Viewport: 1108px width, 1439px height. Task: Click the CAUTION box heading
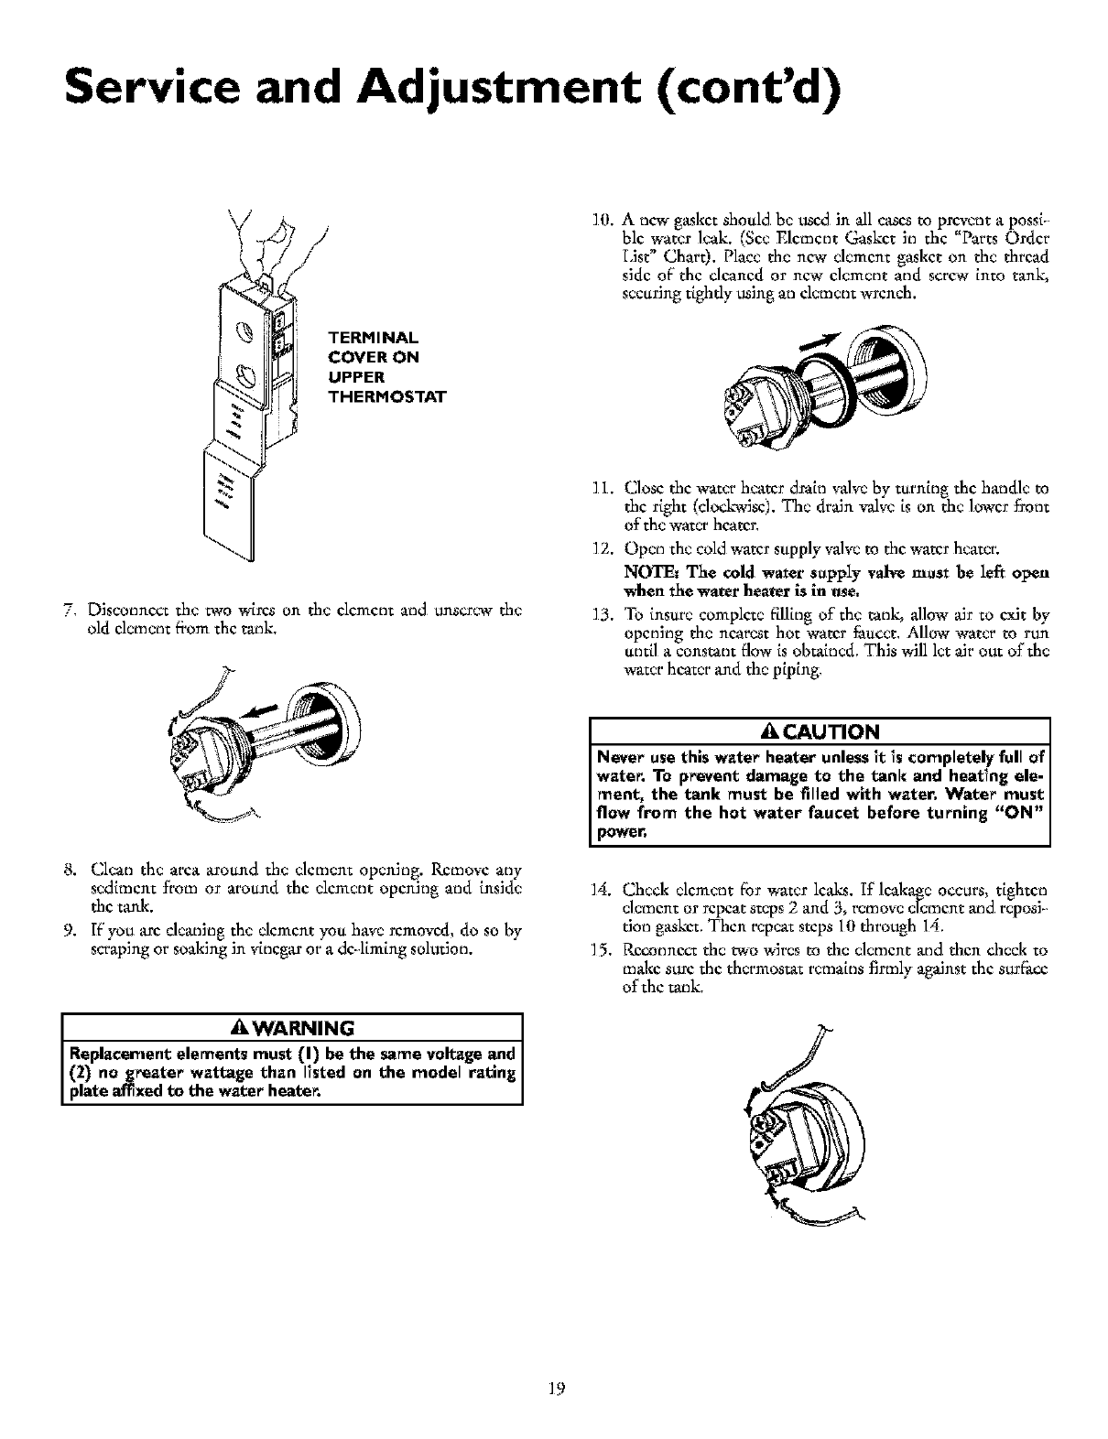[820, 730]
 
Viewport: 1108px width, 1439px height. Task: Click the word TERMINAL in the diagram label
[364, 336]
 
